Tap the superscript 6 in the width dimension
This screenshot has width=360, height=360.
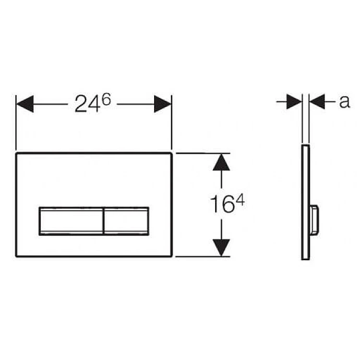click(106, 99)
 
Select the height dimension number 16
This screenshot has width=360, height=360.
click(222, 204)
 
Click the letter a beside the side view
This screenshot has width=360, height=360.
click(344, 101)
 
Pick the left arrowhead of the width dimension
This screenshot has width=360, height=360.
click(25, 104)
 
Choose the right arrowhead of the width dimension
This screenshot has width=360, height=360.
click(163, 104)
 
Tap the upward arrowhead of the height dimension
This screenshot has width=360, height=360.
click(221, 162)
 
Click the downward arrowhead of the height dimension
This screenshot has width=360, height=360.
click(221, 247)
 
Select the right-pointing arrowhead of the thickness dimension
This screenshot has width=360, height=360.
click(294, 101)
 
